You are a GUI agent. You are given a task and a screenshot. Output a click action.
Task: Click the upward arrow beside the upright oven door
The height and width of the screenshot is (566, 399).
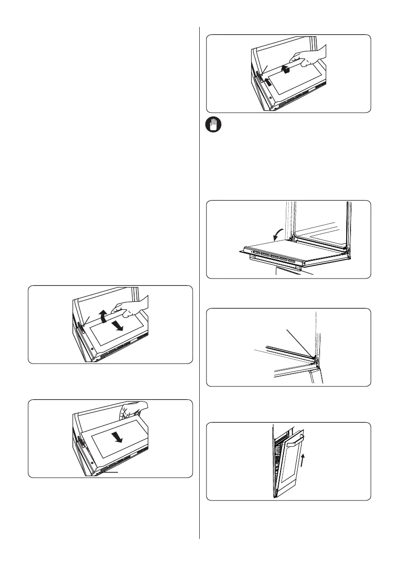point(302,461)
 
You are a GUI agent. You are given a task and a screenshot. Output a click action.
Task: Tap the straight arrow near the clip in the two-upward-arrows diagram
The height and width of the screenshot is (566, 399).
point(269,81)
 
